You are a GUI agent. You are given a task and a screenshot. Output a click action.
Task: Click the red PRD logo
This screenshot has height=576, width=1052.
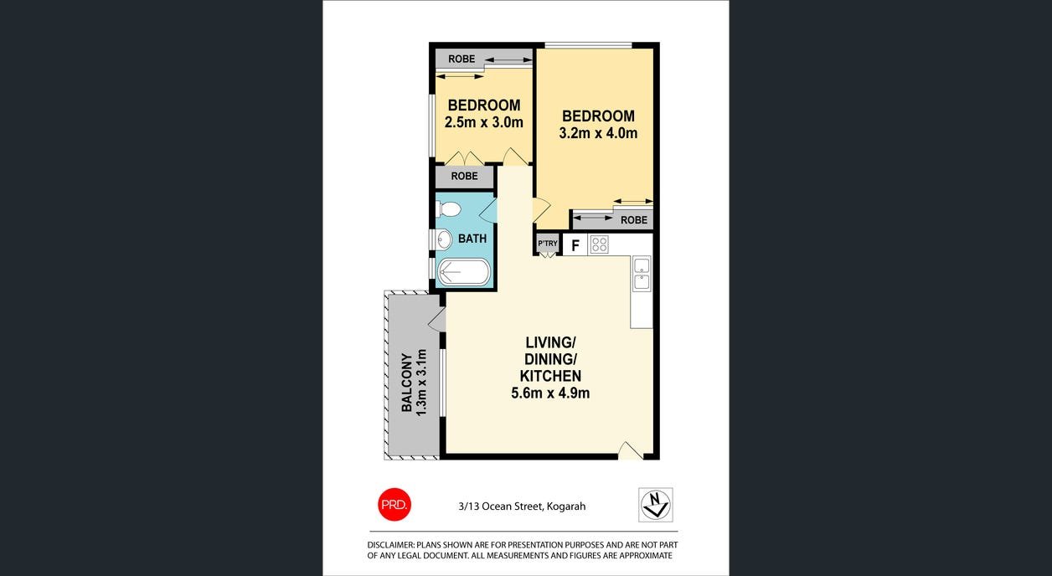pos(393,505)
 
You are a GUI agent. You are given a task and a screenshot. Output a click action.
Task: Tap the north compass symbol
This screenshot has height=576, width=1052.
pos(655,505)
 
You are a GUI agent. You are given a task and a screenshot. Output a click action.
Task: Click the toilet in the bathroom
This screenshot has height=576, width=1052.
pos(448,209)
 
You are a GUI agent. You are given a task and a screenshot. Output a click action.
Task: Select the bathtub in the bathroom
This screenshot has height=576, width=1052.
pos(464,271)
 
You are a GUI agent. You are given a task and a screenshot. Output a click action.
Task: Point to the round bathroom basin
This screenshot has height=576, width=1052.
pos(444,239)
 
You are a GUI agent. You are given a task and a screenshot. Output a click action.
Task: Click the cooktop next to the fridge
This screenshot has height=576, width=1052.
pos(599,245)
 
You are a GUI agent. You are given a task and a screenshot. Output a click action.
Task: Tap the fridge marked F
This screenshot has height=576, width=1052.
pos(575,245)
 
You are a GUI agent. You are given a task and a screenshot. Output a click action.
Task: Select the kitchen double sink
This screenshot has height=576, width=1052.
pos(642,274)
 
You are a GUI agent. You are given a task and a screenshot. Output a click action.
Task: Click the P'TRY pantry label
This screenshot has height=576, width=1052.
pos(547,244)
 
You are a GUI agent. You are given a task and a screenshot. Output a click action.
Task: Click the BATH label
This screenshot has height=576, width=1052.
pos(472,239)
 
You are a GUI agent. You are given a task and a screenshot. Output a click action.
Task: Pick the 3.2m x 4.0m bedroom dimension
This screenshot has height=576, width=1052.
pos(598,133)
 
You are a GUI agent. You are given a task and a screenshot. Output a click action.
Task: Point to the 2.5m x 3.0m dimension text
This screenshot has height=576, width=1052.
pos(483,122)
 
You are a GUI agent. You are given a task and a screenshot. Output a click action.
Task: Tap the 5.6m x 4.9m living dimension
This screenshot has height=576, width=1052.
pos(550,393)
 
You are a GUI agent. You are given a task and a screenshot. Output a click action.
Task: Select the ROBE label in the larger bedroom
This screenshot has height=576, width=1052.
pos(634,220)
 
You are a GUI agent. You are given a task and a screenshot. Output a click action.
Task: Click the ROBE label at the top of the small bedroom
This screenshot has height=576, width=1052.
pos(462,59)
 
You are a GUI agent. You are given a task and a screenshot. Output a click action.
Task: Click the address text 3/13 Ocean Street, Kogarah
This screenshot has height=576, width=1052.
pos(522,506)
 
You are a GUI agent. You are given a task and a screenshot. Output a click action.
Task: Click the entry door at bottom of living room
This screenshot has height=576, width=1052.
pos(630,451)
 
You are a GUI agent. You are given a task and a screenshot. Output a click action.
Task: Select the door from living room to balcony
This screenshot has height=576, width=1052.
pos(437,318)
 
